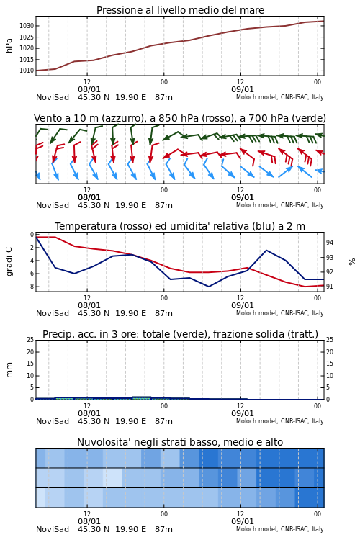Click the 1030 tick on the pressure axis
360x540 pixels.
click(27, 26)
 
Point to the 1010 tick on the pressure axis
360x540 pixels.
click(27, 71)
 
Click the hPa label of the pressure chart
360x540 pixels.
click(9, 45)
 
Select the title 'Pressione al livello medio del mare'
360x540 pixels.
click(180, 10)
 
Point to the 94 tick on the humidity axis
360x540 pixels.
click(330, 243)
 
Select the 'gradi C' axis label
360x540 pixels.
click(9, 262)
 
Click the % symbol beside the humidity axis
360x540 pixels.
click(352, 262)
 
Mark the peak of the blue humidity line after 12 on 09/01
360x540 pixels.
click(266, 251)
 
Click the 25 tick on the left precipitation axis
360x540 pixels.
click(30, 340)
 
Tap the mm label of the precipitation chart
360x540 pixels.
click(9, 370)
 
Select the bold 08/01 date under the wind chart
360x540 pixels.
click(89, 198)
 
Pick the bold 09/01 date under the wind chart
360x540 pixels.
click(243, 198)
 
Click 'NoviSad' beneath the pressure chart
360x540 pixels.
click(53, 97)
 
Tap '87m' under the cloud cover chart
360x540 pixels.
click(163, 529)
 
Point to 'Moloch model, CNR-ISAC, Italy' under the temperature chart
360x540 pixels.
click(280, 313)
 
